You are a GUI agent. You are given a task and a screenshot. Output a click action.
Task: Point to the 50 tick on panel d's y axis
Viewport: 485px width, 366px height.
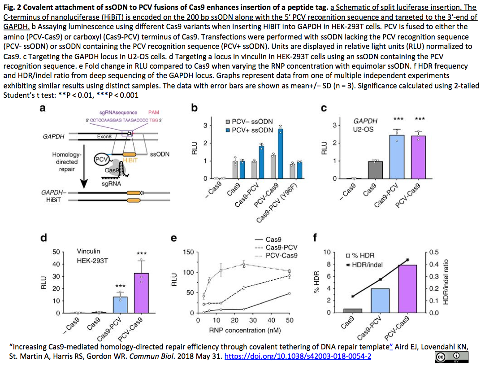[56, 252]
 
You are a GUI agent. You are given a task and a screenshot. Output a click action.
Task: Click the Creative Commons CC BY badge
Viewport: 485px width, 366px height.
[451, 356]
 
